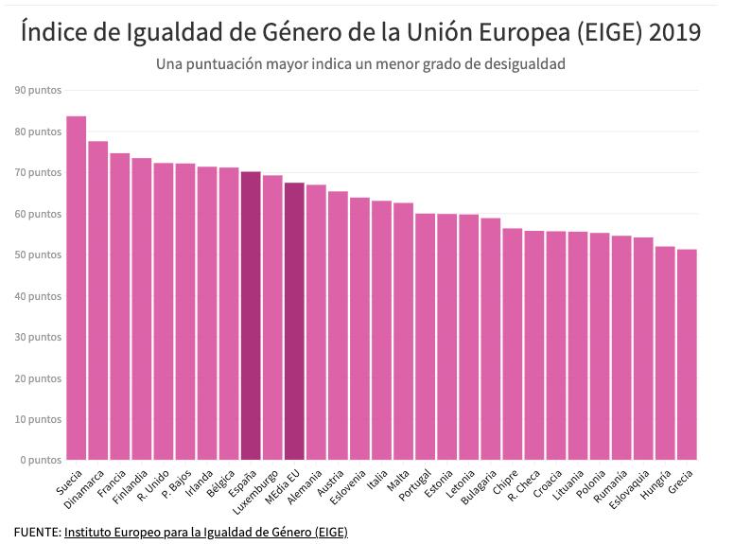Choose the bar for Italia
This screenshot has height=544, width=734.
pos(381,330)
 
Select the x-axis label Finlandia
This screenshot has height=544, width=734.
pos(130,487)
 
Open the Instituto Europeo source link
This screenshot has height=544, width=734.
pos(206,533)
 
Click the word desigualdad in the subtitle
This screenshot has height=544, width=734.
pos(520,64)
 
